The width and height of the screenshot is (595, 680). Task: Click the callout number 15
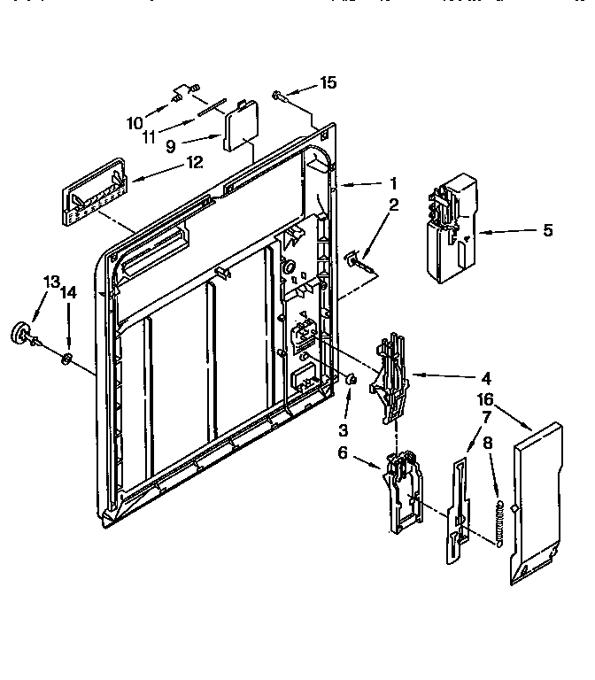point(328,83)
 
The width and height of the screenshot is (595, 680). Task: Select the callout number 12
point(194,162)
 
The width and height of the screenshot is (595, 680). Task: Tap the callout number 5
point(547,230)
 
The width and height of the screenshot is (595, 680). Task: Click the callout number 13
point(51,282)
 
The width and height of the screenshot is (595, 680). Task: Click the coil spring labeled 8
point(501,522)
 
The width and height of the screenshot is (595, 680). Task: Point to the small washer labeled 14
point(66,358)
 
